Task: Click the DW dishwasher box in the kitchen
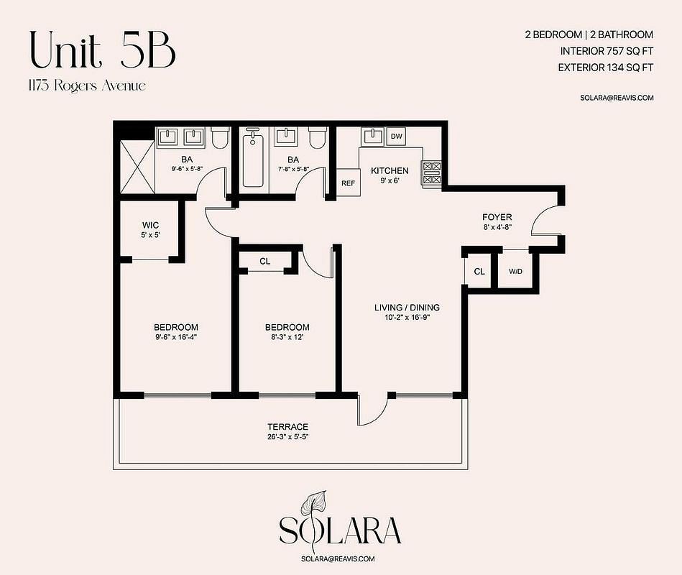(396, 136)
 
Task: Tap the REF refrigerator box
(348, 183)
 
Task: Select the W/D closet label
(515, 272)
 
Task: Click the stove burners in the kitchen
(432, 172)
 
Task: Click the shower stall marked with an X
(137, 167)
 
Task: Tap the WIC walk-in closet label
(150, 225)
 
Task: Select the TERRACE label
(288, 427)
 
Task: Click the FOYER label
(497, 216)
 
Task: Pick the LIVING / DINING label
(407, 307)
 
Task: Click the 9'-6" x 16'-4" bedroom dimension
(176, 337)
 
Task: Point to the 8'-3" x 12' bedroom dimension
(287, 337)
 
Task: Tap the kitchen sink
(372, 137)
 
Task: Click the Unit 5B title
(103, 50)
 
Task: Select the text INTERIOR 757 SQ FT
(607, 51)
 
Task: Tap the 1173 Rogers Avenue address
(87, 86)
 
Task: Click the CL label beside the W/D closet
(479, 272)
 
